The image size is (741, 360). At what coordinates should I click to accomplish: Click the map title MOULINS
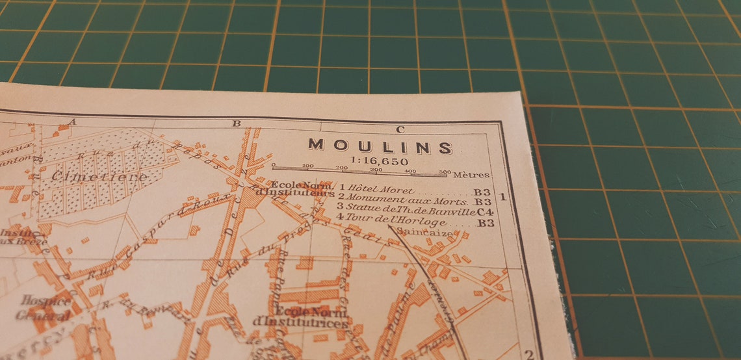380,147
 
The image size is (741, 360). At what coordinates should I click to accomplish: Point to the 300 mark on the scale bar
375,170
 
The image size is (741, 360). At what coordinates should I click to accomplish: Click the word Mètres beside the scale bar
471,174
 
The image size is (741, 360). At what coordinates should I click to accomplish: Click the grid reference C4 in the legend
485,211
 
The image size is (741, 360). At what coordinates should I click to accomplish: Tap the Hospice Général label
45,308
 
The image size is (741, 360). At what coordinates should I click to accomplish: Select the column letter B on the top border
237,123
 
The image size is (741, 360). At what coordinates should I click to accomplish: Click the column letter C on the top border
400,129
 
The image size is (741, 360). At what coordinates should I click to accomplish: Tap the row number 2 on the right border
529,354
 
